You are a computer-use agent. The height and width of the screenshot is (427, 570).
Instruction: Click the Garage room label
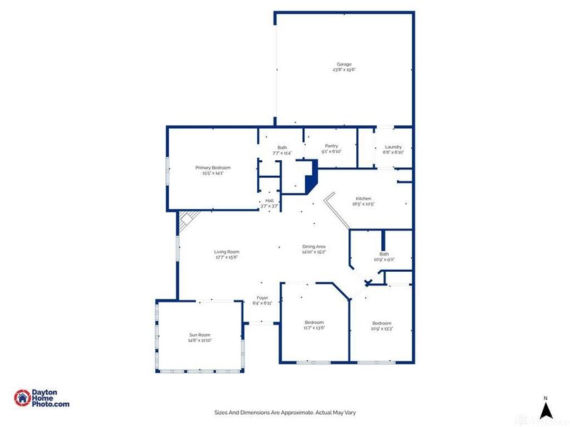point(344,64)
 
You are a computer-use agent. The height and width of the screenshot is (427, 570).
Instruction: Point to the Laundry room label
point(393,147)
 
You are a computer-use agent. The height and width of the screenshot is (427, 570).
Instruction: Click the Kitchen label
point(361,199)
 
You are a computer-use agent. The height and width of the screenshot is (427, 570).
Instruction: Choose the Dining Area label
point(313,246)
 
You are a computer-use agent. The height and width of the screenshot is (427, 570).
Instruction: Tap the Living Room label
point(227,252)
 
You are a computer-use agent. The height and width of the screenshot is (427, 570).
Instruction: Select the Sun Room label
point(200,335)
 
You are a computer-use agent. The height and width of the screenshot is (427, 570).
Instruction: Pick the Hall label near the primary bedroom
point(270,201)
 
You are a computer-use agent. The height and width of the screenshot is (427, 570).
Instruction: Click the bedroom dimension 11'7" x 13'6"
point(313,327)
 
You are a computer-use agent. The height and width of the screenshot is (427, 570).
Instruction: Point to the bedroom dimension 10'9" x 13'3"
point(382,327)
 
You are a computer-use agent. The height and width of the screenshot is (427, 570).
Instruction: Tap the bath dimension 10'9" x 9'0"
point(384,260)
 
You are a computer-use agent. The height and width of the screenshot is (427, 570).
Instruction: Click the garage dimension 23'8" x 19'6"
point(344,70)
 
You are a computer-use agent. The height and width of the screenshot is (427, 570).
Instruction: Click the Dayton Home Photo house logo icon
point(23,399)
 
